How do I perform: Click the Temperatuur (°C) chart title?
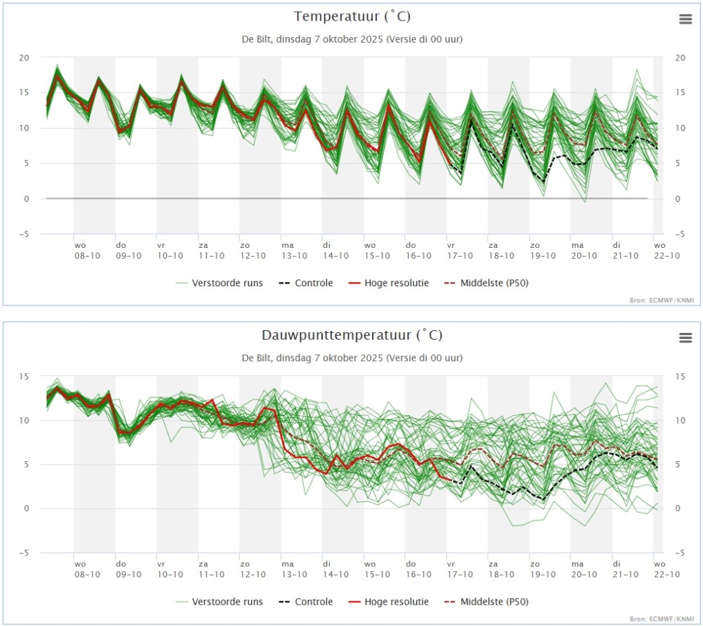pos(352,16)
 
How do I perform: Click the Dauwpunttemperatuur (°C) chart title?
pos(352,336)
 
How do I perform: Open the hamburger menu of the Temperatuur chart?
pos(686,19)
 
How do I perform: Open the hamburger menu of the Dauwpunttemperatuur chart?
pos(686,338)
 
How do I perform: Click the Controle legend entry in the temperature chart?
pos(306,283)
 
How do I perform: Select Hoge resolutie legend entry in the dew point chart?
pos(389,602)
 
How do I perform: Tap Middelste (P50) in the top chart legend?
pos(487,283)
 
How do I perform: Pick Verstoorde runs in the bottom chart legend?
pos(219,602)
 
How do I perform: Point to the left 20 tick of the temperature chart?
pos(24,58)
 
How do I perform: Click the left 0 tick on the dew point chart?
pos(26,509)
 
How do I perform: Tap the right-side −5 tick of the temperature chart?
pos(680,234)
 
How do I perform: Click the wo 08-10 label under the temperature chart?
pos(87,251)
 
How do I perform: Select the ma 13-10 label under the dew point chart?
pos(294,570)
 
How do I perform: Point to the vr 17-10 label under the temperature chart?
pos(459,251)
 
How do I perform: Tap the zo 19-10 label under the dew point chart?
pos(542,570)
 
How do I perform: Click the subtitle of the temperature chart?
pos(352,39)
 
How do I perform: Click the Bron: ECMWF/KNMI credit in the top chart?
pos(665,300)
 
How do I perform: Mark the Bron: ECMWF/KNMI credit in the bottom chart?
pos(665,619)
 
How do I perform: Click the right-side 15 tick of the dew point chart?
pos(680,377)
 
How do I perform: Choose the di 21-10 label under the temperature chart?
pos(625,251)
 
